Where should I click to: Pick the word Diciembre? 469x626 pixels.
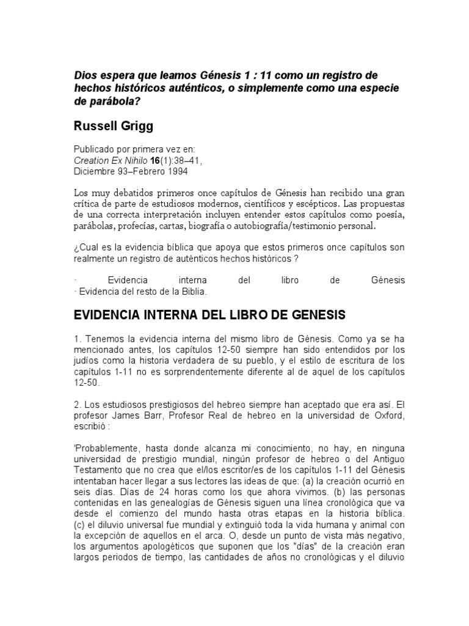94,171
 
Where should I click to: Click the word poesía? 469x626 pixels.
388,214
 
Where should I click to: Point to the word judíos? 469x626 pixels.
86,361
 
